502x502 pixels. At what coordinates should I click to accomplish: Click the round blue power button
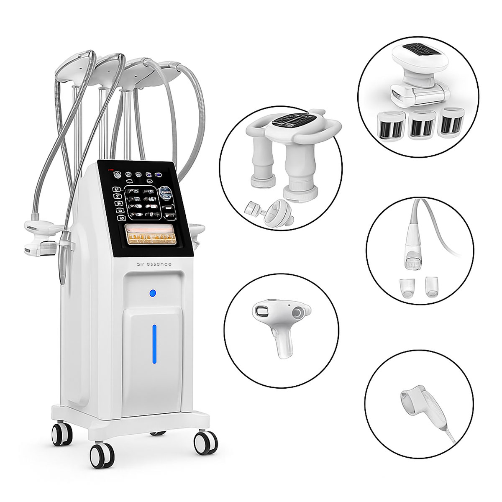[x=153, y=292]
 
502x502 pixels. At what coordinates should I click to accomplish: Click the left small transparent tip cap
[x=407, y=287]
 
